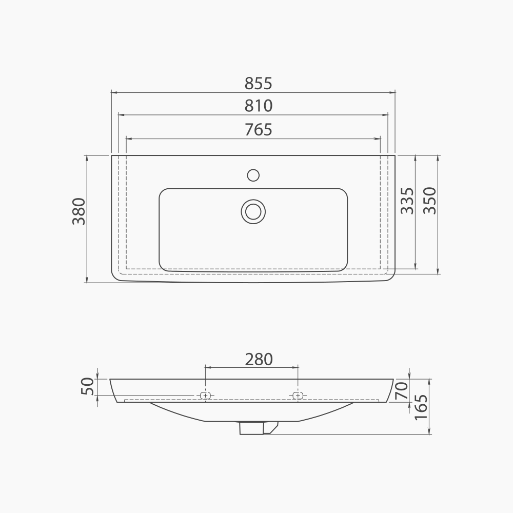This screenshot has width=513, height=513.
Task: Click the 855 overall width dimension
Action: pos(259,84)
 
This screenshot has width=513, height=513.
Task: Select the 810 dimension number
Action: pos(259,106)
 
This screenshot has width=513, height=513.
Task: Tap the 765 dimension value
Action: pos(259,130)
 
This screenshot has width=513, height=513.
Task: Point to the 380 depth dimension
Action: pos(79,211)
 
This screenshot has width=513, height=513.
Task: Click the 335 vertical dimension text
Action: pos(407,201)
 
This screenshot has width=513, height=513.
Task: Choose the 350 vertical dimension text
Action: pos(429,201)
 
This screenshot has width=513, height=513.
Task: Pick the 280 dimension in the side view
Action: pos(259,359)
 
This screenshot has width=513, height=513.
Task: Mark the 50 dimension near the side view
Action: pos(87,386)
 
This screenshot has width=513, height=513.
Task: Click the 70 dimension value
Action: pos(402,390)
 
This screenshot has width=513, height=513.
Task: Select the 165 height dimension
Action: pos(421,407)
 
